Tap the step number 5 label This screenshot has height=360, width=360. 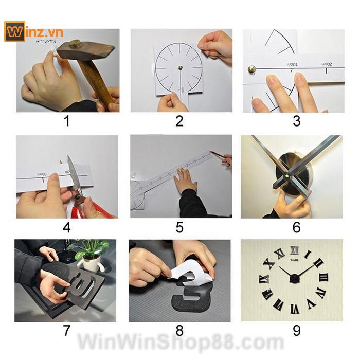point(179,227)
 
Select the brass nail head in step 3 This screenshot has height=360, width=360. point(252,69)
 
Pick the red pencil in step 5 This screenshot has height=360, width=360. point(219,155)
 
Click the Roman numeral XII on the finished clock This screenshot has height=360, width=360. point(294,251)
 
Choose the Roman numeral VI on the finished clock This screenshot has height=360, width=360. point(294,309)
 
